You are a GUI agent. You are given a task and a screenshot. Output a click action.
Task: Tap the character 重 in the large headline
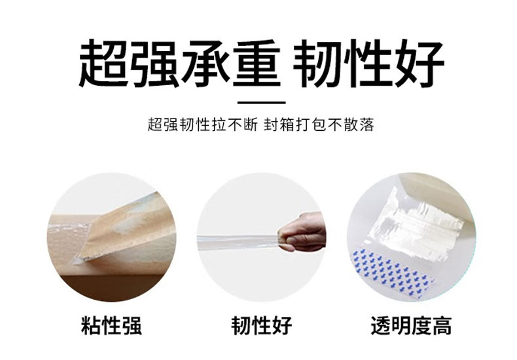click(257, 63)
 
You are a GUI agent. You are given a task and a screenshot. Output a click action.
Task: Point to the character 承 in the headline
click(205, 63)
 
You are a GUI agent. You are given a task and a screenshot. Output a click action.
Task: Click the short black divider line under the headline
click(262, 103)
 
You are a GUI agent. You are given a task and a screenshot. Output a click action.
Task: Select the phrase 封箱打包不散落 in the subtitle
click(319, 125)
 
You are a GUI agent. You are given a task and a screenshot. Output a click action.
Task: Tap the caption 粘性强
click(111, 325)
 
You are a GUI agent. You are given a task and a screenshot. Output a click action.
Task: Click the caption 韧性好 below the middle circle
click(262, 325)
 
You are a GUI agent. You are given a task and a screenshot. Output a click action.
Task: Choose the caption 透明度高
click(411, 325)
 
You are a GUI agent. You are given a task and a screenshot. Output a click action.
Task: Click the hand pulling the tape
click(301, 232)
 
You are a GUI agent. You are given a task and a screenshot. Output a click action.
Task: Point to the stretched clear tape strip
click(238, 240)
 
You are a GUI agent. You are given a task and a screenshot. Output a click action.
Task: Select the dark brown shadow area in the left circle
click(112, 287)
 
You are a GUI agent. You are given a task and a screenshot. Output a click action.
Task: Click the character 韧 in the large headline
click(318, 63)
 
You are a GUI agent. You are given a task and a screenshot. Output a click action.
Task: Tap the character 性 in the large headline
click(368, 63)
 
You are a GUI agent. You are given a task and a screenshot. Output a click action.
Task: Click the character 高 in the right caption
click(441, 325)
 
